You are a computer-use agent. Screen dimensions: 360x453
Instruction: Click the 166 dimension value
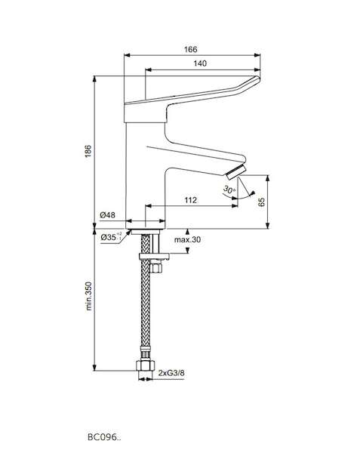pyautogui.click(x=190, y=49)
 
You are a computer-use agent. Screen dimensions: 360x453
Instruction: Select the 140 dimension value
pyautogui.click(x=200, y=63)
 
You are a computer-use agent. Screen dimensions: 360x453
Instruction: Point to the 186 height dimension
pyautogui.click(x=88, y=151)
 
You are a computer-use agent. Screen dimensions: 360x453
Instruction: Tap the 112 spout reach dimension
pyautogui.click(x=190, y=200)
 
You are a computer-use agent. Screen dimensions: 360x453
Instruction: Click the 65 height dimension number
pyautogui.click(x=262, y=202)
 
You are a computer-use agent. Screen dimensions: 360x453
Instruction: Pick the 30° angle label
pyautogui.click(x=229, y=190)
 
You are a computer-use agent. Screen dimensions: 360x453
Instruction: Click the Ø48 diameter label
pyautogui.click(x=107, y=215)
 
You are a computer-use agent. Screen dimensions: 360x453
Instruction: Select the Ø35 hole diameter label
pyautogui.click(x=112, y=237)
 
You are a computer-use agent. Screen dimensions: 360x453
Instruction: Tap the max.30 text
pyautogui.click(x=187, y=239)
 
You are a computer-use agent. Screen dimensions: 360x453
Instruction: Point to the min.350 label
pyautogui.click(x=88, y=296)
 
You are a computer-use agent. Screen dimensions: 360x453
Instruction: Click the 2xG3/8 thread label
pyautogui.click(x=171, y=373)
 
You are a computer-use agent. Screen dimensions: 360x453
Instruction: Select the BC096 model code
pyautogui.click(x=104, y=437)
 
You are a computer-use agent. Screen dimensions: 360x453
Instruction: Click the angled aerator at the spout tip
pyautogui.click(x=236, y=173)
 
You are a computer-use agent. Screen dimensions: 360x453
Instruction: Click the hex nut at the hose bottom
pyautogui.click(x=145, y=365)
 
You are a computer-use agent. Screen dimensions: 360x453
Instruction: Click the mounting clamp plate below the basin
pyautogui.click(x=154, y=256)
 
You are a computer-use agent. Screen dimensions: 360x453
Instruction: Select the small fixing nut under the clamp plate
pyautogui.click(x=157, y=267)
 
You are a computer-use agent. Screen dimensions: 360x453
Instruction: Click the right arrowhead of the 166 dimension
pyautogui.click(x=257, y=55)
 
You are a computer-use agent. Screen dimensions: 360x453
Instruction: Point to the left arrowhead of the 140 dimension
pyautogui.click(x=149, y=69)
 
